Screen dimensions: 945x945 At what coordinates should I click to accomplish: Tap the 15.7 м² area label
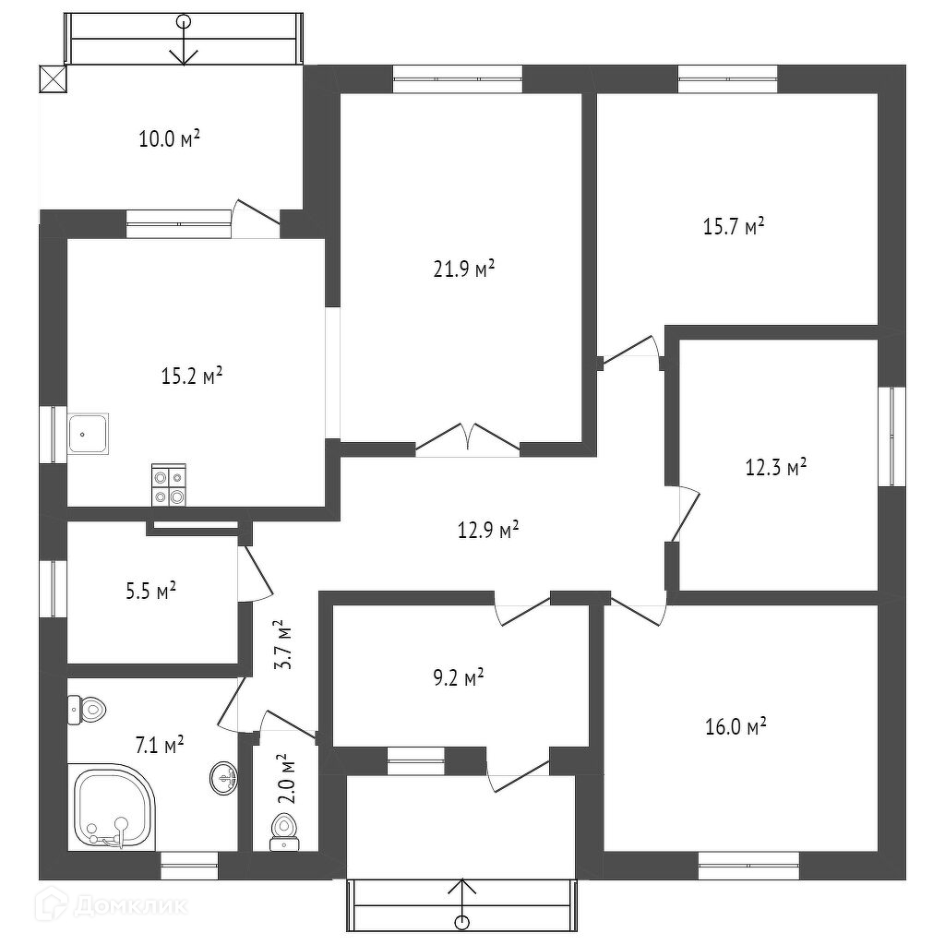(x=734, y=226)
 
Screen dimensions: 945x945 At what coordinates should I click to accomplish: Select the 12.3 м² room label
(x=775, y=467)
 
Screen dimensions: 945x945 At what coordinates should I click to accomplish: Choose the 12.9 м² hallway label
(x=488, y=530)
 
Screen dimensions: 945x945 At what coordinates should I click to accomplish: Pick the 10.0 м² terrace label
(x=170, y=139)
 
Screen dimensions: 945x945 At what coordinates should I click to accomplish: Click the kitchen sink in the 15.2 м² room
(x=89, y=432)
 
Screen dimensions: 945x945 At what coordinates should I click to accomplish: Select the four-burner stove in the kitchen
(x=169, y=485)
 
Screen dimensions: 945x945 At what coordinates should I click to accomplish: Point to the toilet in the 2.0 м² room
(x=284, y=828)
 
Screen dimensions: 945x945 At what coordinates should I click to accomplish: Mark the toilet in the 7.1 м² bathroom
(x=89, y=709)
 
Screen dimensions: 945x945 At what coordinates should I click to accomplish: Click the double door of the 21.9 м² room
(x=468, y=437)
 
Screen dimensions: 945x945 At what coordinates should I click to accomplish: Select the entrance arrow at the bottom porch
(x=462, y=903)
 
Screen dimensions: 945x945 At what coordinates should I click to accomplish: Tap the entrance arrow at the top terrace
(x=185, y=42)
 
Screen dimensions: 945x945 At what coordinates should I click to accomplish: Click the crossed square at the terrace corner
(x=53, y=80)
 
